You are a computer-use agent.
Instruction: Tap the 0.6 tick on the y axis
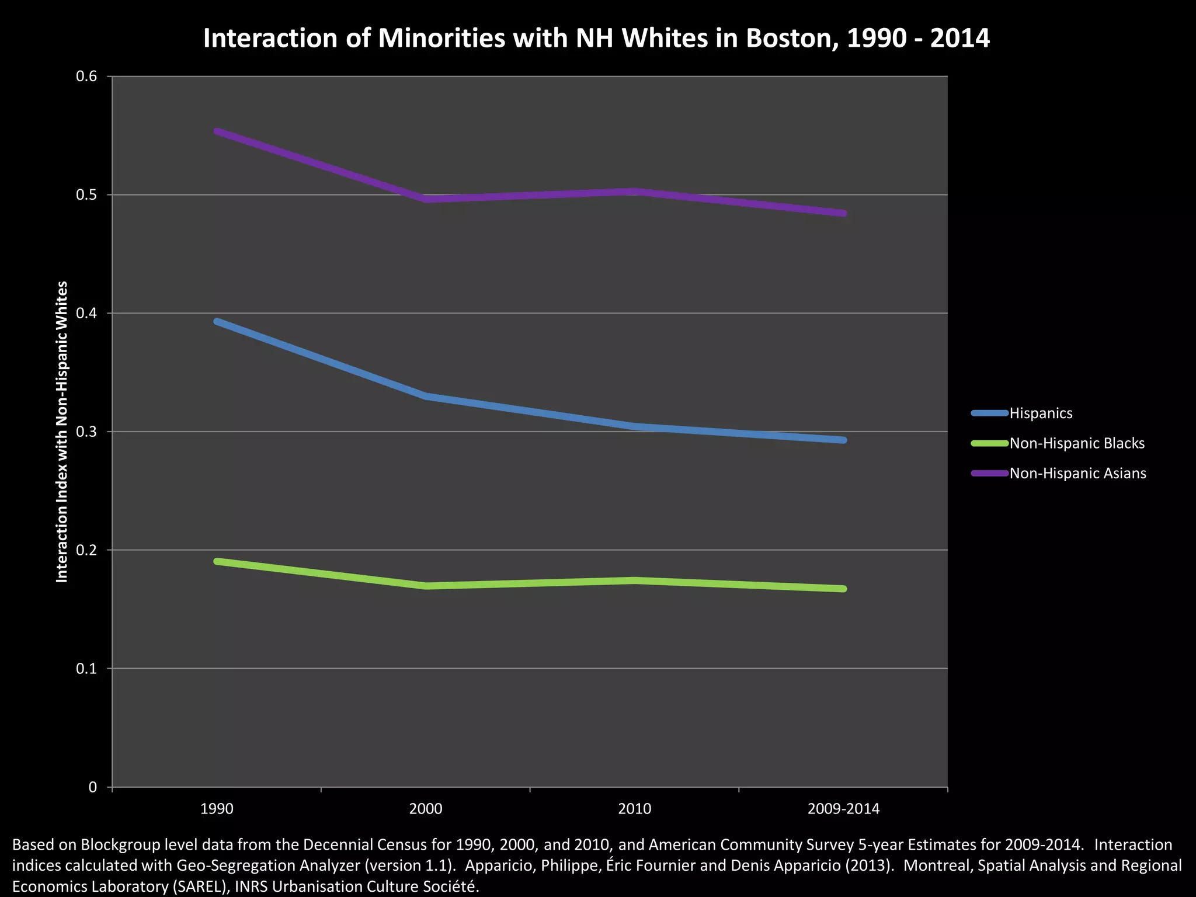(x=86, y=77)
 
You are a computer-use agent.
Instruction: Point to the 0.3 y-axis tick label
(x=86, y=432)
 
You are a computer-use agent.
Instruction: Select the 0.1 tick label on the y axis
(x=86, y=669)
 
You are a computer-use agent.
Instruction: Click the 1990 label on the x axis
(x=217, y=809)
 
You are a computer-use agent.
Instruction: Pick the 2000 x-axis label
(x=426, y=809)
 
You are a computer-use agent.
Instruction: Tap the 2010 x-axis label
(x=634, y=809)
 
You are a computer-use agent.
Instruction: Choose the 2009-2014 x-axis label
(x=843, y=809)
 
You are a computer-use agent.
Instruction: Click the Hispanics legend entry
(x=1041, y=413)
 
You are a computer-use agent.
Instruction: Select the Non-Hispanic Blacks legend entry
(x=1076, y=443)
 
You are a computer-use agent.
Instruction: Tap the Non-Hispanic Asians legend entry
(x=1077, y=474)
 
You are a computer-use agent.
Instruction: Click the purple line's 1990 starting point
(x=217, y=131)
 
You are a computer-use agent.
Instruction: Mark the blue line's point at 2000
(x=426, y=397)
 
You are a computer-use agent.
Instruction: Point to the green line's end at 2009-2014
(x=843, y=589)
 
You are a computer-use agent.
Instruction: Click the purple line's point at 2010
(x=635, y=192)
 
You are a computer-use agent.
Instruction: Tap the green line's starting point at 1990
(x=217, y=561)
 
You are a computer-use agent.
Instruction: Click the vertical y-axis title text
(x=62, y=432)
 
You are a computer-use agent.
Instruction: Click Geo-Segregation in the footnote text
(x=225, y=865)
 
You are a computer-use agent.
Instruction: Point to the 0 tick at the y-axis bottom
(x=92, y=787)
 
